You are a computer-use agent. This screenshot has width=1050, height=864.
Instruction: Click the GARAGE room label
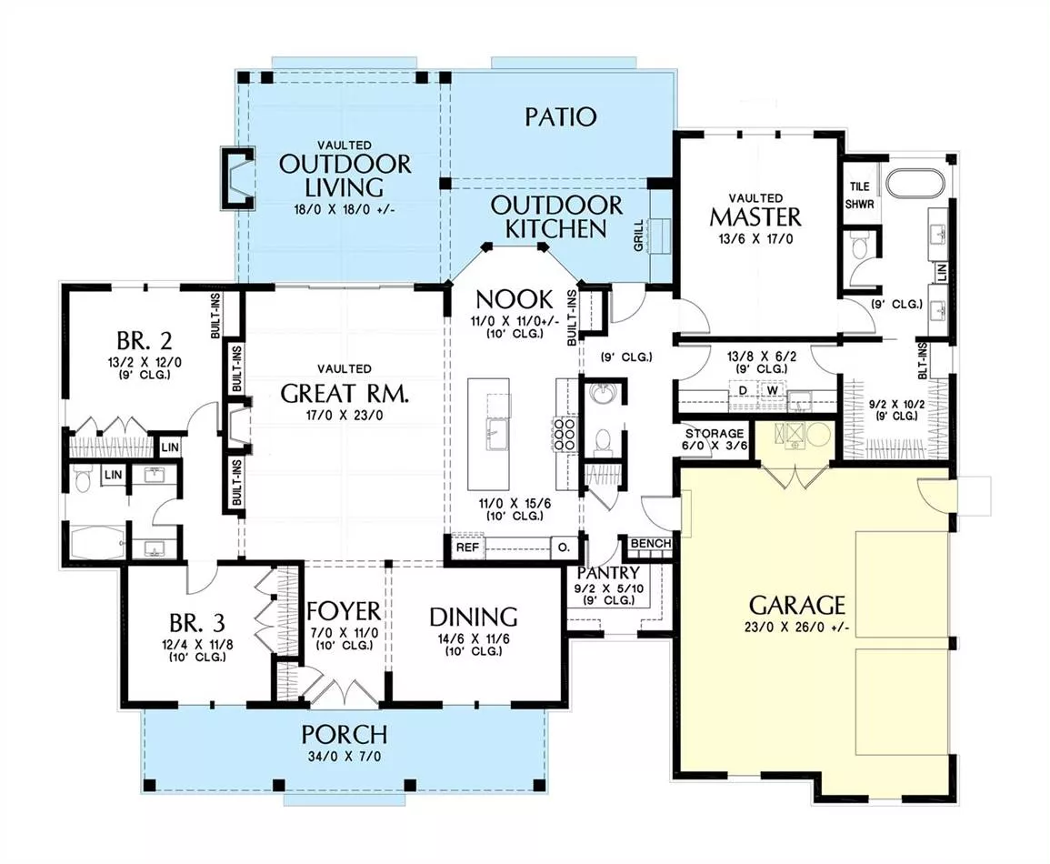tap(796, 605)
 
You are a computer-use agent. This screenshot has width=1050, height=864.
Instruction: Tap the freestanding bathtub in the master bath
tap(915, 182)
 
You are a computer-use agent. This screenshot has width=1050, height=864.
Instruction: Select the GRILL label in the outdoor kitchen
tap(638, 236)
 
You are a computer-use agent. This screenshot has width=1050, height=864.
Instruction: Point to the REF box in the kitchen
tap(467, 548)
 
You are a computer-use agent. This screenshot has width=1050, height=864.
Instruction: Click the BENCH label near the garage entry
tap(651, 543)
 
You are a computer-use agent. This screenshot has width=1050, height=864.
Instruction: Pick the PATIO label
tap(561, 117)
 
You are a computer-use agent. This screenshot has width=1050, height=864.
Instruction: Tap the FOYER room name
tap(344, 611)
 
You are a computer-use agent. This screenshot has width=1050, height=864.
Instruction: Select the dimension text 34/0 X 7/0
tap(345, 756)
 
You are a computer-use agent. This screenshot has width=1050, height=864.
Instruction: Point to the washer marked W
tap(773, 390)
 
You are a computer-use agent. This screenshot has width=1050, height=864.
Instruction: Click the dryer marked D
tap(742, 390)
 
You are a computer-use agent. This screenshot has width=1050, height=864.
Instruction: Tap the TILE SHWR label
tap(860, 195)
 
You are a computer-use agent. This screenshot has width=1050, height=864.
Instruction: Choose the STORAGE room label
tap(714, 433)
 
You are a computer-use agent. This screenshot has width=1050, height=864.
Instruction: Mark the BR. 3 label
tap(197, 623)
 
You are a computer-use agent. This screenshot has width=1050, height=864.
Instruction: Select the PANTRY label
tap(608, 573)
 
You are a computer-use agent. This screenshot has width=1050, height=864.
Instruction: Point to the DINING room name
tap(474, 617)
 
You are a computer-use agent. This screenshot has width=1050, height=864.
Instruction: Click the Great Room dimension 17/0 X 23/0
tap(345, 416)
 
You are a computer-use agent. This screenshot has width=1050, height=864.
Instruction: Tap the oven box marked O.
tap(564, 548)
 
